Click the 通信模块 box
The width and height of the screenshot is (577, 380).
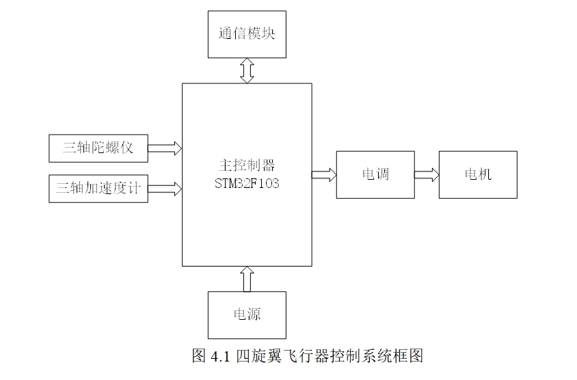tap(247, 33)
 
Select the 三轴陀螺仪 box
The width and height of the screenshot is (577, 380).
tap(98, 148)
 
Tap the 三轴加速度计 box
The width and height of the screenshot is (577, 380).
tap(98, 188)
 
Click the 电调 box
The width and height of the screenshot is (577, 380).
tap(375, 174)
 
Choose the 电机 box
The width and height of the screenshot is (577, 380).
tap(478, 174)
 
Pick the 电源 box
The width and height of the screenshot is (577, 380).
tap(247, 314)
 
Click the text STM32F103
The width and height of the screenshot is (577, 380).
tap(247, 184)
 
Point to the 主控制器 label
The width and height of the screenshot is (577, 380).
tap(247, 166)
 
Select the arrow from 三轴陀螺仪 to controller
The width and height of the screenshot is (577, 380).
tap(165, 148)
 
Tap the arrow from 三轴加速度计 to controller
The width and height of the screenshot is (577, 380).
tap(165, 187)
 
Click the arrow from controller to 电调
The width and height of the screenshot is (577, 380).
tap(324, 174)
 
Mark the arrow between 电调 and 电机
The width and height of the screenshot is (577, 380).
tap(427, 174)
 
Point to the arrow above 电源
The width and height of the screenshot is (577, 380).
tap(247, 279)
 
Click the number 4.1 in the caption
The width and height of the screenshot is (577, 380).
tap(221, 356)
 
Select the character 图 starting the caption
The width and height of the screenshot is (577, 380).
tap(200, 356)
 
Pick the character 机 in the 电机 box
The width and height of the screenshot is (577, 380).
tap(485, 174)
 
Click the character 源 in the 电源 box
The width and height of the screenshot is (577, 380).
tap(254, 314)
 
